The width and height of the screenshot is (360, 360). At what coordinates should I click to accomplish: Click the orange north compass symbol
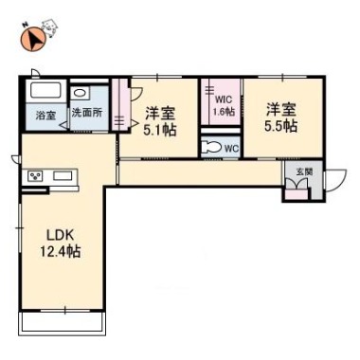click(33, 39)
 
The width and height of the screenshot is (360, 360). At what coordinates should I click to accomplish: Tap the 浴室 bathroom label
click(46, 116)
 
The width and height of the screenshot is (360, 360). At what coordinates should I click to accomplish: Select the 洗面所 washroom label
click(87, 113)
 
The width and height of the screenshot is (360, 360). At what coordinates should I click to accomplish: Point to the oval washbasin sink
click(78, 94)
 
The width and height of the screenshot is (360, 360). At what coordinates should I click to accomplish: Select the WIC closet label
click(224, 100)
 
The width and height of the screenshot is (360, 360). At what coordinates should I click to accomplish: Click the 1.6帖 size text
click(224, 112)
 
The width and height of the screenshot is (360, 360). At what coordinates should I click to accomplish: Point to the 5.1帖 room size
click(160, 130)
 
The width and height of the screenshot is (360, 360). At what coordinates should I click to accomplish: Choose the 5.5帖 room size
click(280, 126)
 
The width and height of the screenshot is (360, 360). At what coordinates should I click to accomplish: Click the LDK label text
click(60, 235)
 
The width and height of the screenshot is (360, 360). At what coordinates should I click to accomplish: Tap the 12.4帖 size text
click(60, 252)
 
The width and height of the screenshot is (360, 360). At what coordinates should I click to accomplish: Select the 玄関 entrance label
click(304, 171)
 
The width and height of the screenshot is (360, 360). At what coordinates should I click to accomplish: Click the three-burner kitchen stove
click(36, 176)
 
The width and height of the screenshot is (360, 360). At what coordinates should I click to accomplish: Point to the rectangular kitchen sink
click(63, 175)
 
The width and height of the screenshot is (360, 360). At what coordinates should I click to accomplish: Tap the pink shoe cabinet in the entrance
click(297, 194)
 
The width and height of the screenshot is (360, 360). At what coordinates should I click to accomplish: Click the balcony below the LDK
click(62, 323)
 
